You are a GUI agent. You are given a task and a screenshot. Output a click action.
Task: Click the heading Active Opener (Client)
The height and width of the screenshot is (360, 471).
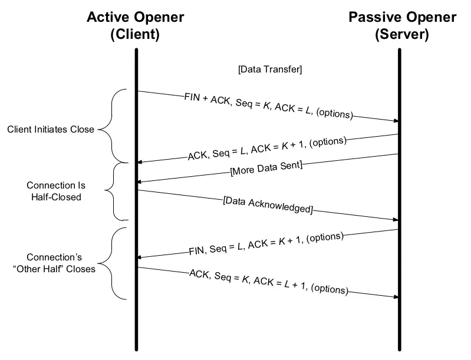135,25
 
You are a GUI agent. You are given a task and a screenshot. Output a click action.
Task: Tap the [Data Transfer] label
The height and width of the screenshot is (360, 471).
270,70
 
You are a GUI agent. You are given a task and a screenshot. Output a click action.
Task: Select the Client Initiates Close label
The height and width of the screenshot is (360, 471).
51,129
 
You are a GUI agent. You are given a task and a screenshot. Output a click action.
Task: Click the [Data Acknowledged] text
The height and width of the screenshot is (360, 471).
268,204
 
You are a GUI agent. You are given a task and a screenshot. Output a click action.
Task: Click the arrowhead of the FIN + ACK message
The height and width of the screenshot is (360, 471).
396,121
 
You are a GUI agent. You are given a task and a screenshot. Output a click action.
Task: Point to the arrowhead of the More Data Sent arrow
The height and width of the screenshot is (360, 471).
140,183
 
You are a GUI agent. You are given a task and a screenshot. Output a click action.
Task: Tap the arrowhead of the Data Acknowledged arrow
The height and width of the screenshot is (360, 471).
396,219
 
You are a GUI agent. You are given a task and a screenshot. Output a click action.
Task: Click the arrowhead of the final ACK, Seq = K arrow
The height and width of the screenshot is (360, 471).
396,296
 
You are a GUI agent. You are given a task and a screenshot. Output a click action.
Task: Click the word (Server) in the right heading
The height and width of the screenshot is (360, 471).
401,34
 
